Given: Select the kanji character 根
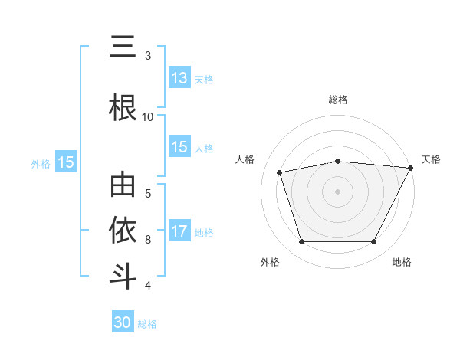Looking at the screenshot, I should (x=123, y=108).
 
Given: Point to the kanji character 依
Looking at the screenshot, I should (x=123, y=231).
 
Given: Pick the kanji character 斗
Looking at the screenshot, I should (x=123, y=276).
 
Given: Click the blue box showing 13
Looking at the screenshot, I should (x=179, y=78).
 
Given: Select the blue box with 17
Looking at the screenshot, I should (x=179, y=231).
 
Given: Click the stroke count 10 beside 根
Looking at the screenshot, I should (x=148, y=116).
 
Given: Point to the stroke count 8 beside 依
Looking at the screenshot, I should (x=148, y=240).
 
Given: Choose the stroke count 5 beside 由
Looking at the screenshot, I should (x=148, y=193).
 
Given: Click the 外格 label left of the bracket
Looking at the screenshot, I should (x=41, y=163).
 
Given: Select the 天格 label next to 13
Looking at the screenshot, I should (x=204, y=79).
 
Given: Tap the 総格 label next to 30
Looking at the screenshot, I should (x=147, y=323).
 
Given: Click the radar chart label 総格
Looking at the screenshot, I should (x=338, y=100).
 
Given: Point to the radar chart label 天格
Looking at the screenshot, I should (x=432, y=159).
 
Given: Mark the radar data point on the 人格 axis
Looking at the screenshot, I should (x=280, y=172).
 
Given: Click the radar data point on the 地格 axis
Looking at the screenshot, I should (x=374, y=242).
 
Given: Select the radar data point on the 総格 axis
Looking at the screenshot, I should (x=338, y=161).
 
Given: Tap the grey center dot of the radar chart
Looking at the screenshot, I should (x=338, y=191).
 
